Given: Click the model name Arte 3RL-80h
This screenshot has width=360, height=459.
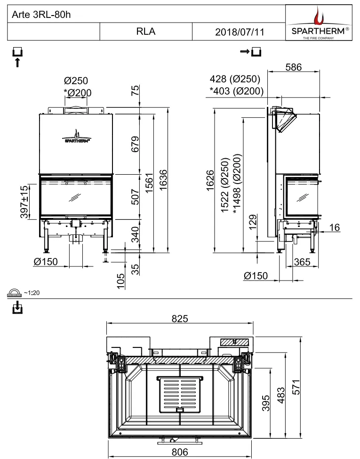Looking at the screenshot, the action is [41, 15].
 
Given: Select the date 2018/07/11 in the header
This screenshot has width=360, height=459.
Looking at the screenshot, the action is [240, 32].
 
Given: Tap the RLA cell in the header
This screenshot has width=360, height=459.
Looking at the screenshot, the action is [145, 32].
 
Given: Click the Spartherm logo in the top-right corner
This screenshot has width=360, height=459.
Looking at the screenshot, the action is [319, 23].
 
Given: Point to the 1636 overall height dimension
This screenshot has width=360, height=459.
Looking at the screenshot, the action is [163, 180].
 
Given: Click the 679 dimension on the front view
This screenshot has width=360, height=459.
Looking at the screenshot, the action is [135, 144].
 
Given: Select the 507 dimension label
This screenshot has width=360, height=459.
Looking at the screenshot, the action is [135, 197].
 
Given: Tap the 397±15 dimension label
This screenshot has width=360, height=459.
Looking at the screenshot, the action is [24, 201].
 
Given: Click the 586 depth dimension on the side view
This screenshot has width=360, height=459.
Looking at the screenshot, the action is [293, 67].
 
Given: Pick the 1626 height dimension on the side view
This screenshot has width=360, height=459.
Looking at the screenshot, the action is [210, 180].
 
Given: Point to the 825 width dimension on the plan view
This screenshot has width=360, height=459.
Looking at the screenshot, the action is [180, 319].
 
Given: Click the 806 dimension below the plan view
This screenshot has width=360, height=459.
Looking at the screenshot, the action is [180, 452].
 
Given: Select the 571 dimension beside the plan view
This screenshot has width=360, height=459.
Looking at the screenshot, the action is [296, 387].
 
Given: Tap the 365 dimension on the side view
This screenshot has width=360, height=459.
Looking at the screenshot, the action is [302, 261].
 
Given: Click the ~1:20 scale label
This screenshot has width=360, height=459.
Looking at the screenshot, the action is [32, 293].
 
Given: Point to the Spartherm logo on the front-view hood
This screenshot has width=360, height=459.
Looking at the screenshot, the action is [77, 136].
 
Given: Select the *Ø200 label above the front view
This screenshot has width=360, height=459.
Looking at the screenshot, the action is [78, 93].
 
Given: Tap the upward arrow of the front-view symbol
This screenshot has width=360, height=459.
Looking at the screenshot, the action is [17, 62].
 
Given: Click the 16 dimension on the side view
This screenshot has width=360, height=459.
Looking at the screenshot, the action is [335, 227].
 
